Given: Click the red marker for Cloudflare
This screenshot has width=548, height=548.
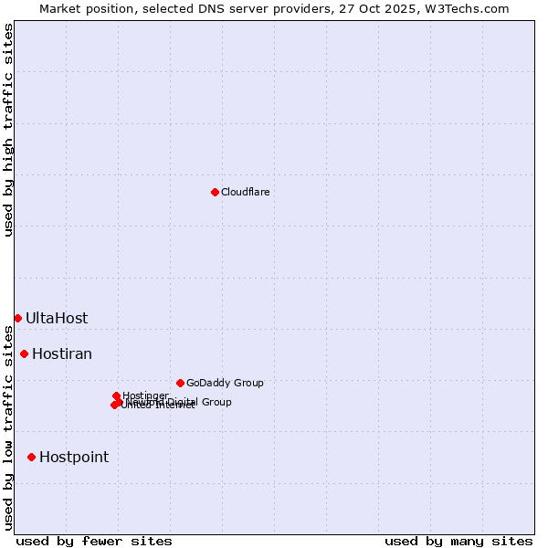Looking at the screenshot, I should point(215,192).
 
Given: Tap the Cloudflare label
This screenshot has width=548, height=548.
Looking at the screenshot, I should point(245,192).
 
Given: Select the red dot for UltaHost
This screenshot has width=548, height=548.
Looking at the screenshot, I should point(17,318).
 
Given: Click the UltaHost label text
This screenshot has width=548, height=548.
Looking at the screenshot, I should point(57,319).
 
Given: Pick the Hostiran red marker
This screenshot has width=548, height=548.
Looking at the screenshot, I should point(25,353).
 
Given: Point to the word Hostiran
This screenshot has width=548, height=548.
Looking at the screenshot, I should point(62,354).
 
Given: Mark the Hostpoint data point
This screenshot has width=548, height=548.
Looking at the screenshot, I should point(32,457).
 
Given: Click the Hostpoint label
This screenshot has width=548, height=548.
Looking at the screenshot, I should point(74,458).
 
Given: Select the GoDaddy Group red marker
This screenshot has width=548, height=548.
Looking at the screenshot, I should point(180,383).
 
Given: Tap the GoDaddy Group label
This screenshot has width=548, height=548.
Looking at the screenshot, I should point(225,383).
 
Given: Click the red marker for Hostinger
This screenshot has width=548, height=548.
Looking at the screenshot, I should point(116,395).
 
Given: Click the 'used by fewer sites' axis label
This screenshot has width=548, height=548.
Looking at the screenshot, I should point(94,541).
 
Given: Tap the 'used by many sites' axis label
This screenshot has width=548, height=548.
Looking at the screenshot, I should point(458,541).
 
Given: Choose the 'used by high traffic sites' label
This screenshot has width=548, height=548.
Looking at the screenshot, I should point(8,130).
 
